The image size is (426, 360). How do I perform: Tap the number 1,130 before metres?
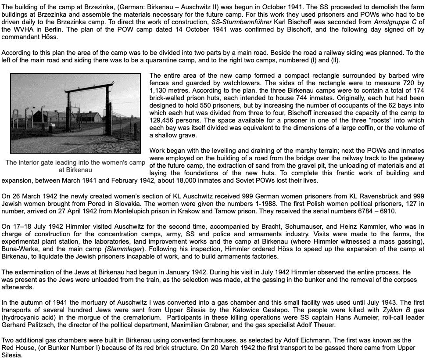tap(160, 90)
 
